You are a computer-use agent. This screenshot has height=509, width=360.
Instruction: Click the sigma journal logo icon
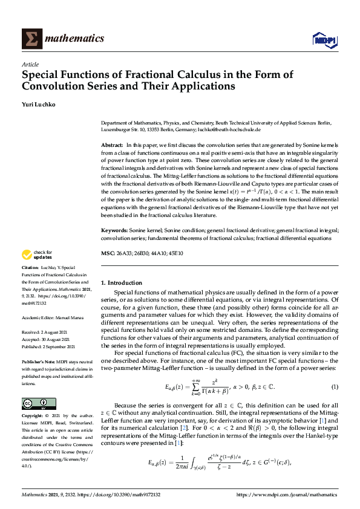click(x=31, y=39)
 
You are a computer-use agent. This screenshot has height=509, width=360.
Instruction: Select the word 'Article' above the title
click(x=30, y=64)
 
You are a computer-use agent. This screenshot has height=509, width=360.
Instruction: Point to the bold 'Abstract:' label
click(x=112, y=146)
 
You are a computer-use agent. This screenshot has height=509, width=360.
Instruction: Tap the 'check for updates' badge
click(x=38, y=254)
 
